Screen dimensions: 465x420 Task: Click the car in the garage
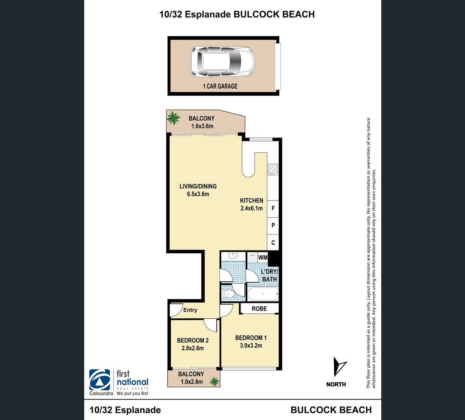point(222,62)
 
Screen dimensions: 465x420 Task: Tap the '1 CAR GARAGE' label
point(220,86)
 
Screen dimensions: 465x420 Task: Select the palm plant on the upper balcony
point(173,118)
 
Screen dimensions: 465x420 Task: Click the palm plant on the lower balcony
point(214,382)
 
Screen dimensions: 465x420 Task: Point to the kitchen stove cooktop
point(273,169)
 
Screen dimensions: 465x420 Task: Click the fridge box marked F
point(273,209)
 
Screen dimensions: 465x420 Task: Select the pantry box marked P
point(273,226)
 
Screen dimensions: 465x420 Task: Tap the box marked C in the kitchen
point(273,243)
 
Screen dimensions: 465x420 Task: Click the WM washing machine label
point(263,258)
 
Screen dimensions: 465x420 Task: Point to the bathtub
point(263,294)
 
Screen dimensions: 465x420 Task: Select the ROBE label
point(259,309)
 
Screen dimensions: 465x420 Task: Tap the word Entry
point(190,310)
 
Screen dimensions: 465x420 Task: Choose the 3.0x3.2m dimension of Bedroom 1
point(251,345)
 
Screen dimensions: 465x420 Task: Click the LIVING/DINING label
point(198,186)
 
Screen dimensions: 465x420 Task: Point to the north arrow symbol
point(339,366)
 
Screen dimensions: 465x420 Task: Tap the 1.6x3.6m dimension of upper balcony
point(202,126)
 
